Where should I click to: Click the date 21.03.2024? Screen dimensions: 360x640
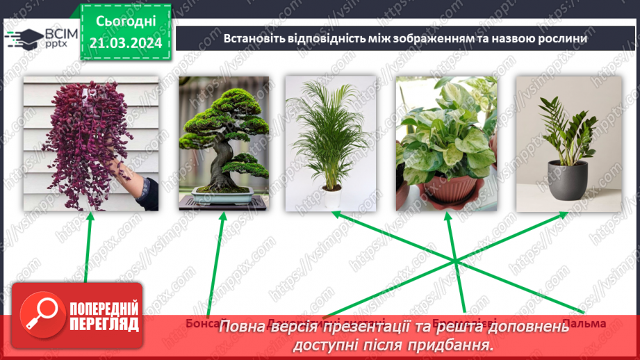[126, 43]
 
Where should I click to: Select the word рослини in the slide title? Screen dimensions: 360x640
[562, 38]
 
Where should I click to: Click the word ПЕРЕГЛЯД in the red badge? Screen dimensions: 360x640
[103, 324]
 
